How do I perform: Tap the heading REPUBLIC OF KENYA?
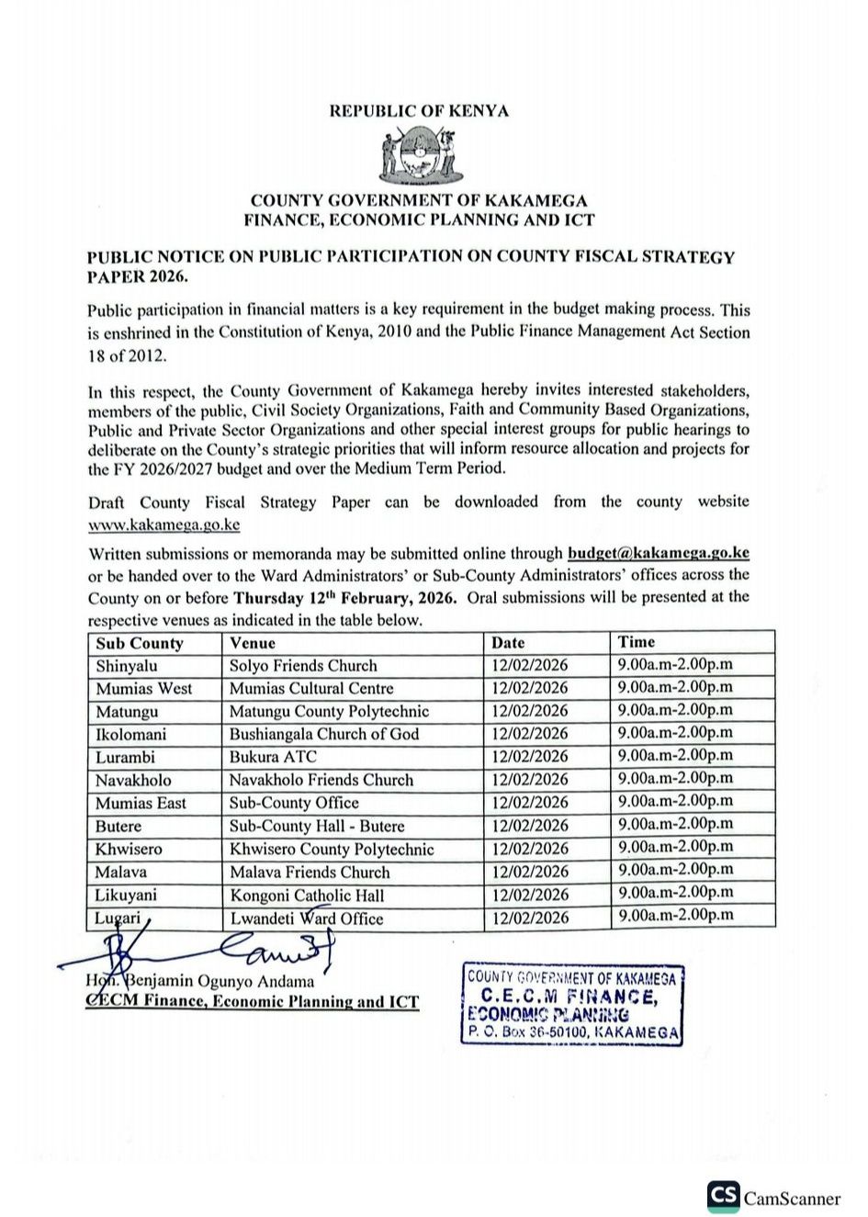pos(419,111)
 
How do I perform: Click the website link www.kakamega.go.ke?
pos(164,525)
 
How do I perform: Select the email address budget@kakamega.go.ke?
pos(659,553)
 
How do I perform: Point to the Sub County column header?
pos(140,643)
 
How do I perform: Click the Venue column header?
pos(253,643)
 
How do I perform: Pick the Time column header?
pos(637,642)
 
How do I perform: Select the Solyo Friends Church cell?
pos(303,665)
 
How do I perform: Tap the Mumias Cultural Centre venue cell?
pos(311,688)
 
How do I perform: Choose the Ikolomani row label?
pos(131,734)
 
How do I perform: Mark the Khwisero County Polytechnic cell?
pos(332,849)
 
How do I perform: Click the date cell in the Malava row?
pos(530,872)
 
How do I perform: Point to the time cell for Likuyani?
pos(675,892)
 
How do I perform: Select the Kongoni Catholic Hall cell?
pos(307,895)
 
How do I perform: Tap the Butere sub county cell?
pos(118,826)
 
